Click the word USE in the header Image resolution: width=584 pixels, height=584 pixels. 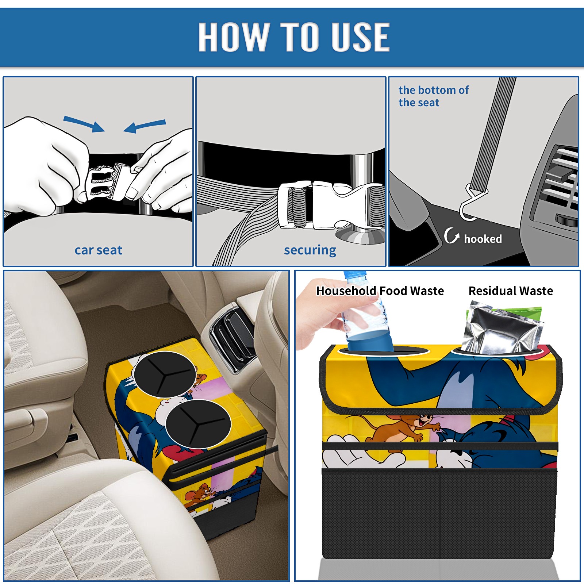point(360,36)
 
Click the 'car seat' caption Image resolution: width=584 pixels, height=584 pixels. point(98,250)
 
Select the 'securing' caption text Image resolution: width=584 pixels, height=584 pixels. point(310,250)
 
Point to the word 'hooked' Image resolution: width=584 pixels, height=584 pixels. point(483,239)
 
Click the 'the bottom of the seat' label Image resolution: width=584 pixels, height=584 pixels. point(433,96)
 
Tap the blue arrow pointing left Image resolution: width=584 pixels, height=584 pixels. point(145,126)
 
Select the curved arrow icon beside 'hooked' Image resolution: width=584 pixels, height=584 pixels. point(452,235)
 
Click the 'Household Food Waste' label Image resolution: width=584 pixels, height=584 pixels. point(380,291)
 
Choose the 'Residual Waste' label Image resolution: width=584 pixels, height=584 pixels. point(511,291)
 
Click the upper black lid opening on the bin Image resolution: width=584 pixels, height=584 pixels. point(165,374)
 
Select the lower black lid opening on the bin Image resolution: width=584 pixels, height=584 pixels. point(198,424)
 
